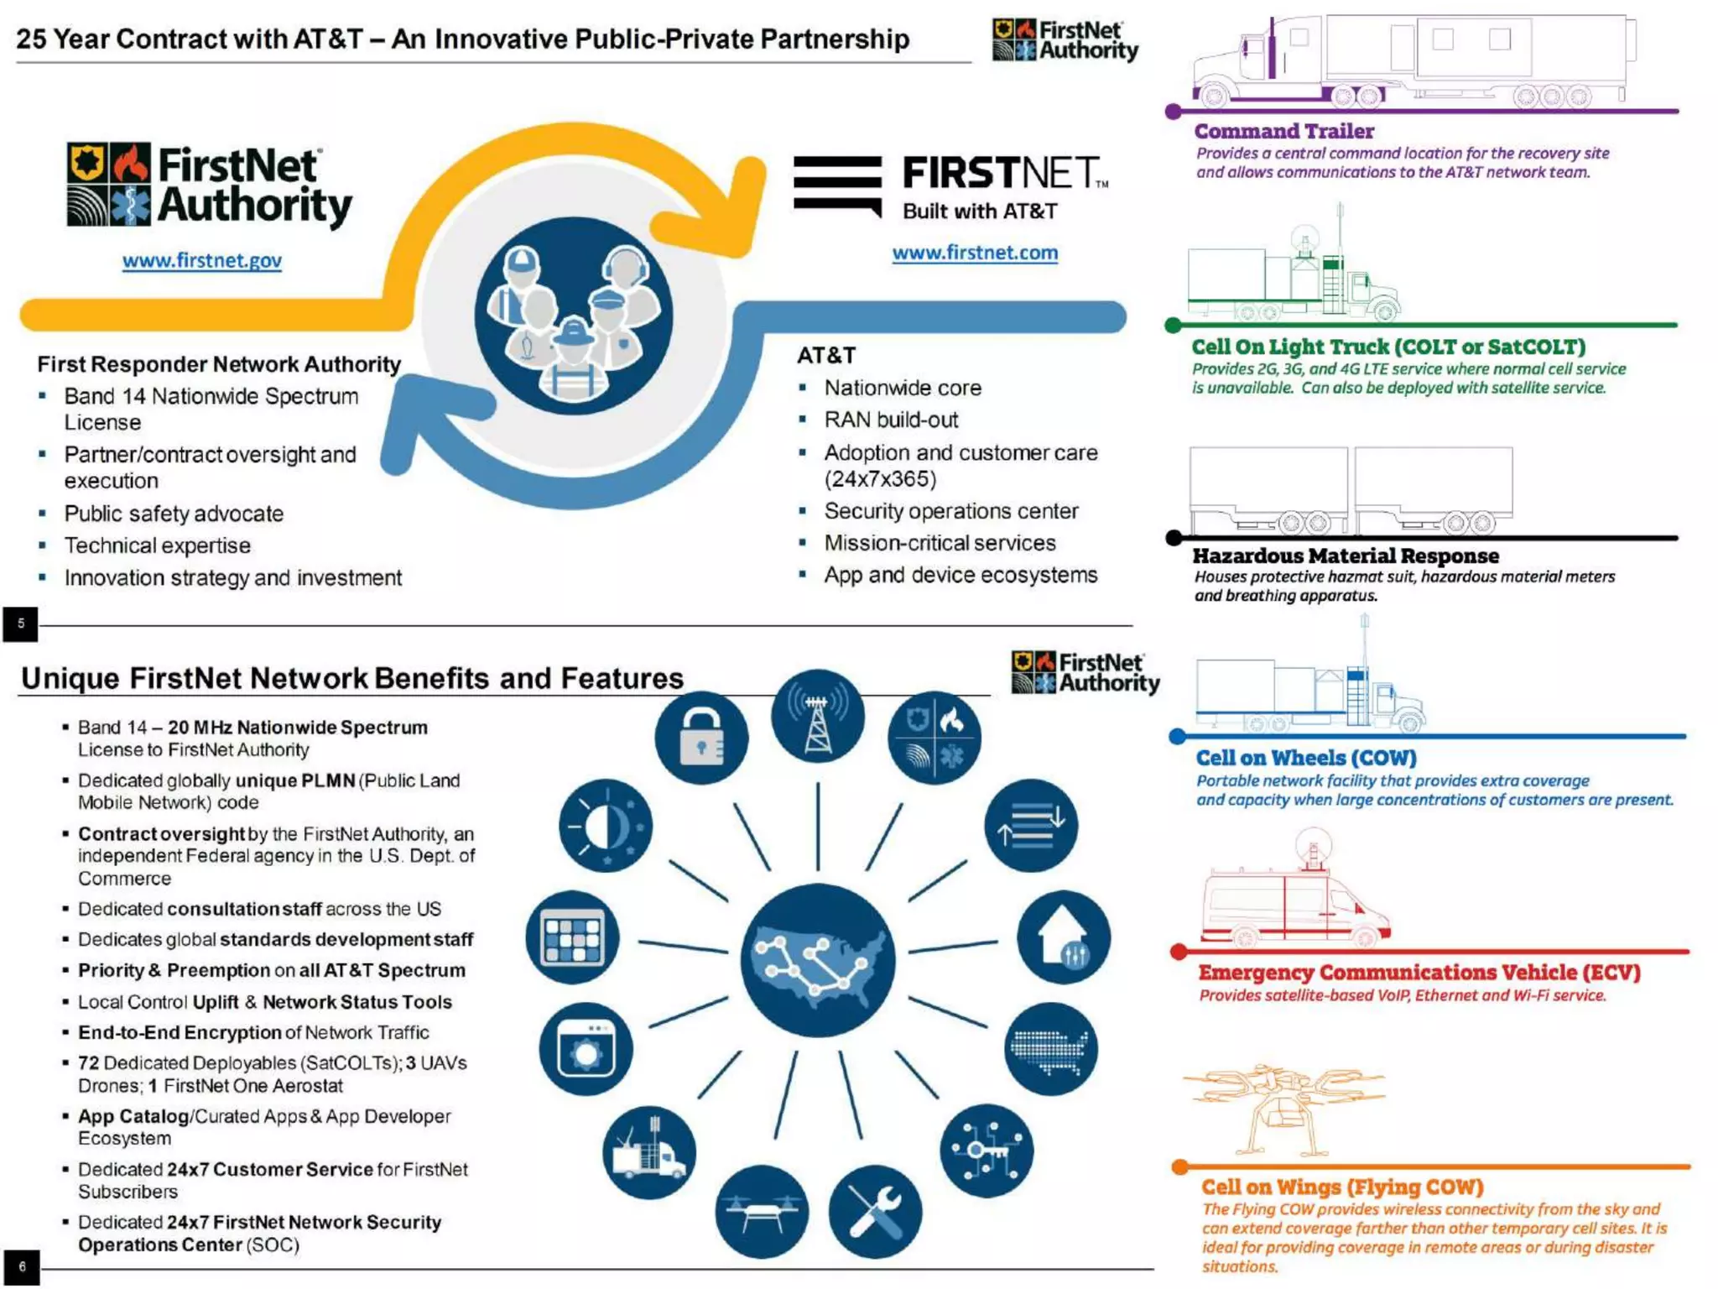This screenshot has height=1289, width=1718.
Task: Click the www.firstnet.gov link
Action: [202, 260]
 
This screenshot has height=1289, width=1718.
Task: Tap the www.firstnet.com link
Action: [975, 253]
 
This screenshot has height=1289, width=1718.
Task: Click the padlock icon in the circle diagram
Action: [701, 738]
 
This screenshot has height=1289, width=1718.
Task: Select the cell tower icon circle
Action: [818, 716]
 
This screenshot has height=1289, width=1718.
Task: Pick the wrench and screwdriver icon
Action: [875, 1212]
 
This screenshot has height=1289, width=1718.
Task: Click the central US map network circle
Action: [818, 960]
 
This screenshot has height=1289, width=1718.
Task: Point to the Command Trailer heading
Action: [1283, 131]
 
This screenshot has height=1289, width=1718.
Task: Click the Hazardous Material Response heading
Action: [1346, 556]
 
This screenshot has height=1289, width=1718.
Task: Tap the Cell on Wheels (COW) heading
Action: [1306, 758]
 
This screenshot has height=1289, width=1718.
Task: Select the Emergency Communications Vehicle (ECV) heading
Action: [1419, 972]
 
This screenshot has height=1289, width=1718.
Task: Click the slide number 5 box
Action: [20, 624]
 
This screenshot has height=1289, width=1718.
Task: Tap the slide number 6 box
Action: [21, 1267]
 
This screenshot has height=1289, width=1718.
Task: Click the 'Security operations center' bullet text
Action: [951, 511]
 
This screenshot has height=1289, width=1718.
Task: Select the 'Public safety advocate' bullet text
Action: [174, 514]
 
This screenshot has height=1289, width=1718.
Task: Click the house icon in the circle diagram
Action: [1064, 937]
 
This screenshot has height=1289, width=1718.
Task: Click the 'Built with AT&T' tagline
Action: [980, 211]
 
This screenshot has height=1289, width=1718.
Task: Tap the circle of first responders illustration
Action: [574, 316]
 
